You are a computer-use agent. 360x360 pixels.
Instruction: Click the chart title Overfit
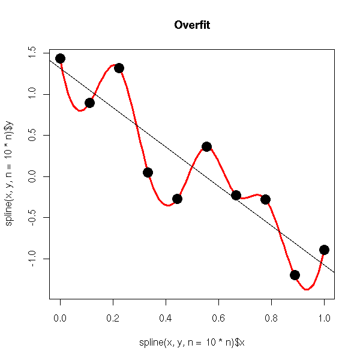click(192, 25)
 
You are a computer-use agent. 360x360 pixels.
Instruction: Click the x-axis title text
click(192, 343)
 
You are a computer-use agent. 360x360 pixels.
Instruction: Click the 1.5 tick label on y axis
click(32, 53)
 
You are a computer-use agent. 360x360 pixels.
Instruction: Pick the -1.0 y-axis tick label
click(32, 259)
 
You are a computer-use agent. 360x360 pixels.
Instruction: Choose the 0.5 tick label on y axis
click(32, 135)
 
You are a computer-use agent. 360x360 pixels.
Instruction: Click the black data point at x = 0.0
click(60, 58)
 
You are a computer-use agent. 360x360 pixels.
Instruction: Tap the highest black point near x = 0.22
click(119, 68)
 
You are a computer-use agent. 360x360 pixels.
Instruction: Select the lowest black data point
click(295, 275)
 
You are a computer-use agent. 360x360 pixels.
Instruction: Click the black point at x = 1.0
click(324, 250)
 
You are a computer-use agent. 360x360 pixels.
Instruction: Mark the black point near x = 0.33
click(148, 172)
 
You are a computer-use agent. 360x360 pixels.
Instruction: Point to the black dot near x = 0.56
click(206, 146)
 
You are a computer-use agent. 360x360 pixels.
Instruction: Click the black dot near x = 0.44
click(177, 199)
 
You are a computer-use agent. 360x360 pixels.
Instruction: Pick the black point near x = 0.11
click(89, 103)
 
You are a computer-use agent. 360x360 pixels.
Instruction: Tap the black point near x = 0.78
click(265, 199)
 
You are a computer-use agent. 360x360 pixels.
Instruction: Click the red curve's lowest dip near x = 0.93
click(307, 289)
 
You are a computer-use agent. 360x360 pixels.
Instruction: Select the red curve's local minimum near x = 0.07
click(80, 110)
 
